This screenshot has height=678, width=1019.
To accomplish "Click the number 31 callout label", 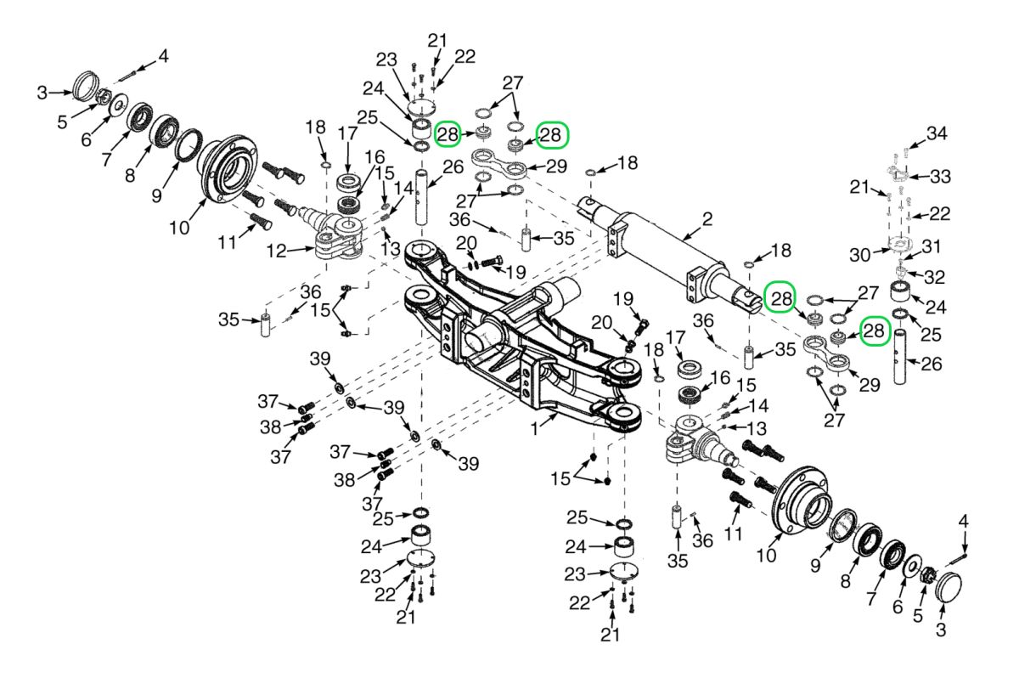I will pos(932,246).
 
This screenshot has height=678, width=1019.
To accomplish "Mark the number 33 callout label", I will pos(939,177).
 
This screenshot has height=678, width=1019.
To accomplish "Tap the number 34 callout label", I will pos(936,133).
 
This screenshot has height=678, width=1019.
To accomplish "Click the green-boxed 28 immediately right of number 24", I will pos(448,134).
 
